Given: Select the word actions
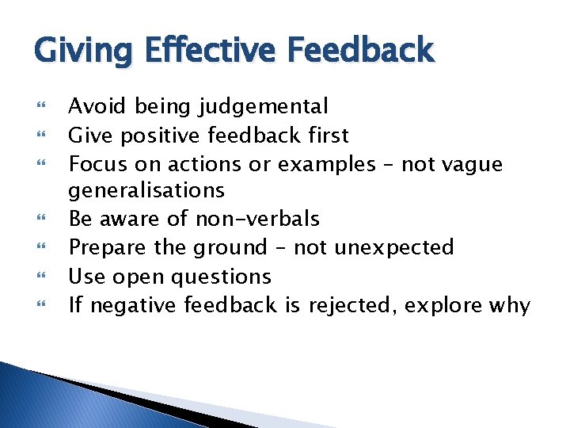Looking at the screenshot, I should [x=215, y=164].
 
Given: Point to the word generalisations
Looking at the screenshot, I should [x=146, y=190].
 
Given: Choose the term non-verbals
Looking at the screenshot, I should [x=257, y=219].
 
